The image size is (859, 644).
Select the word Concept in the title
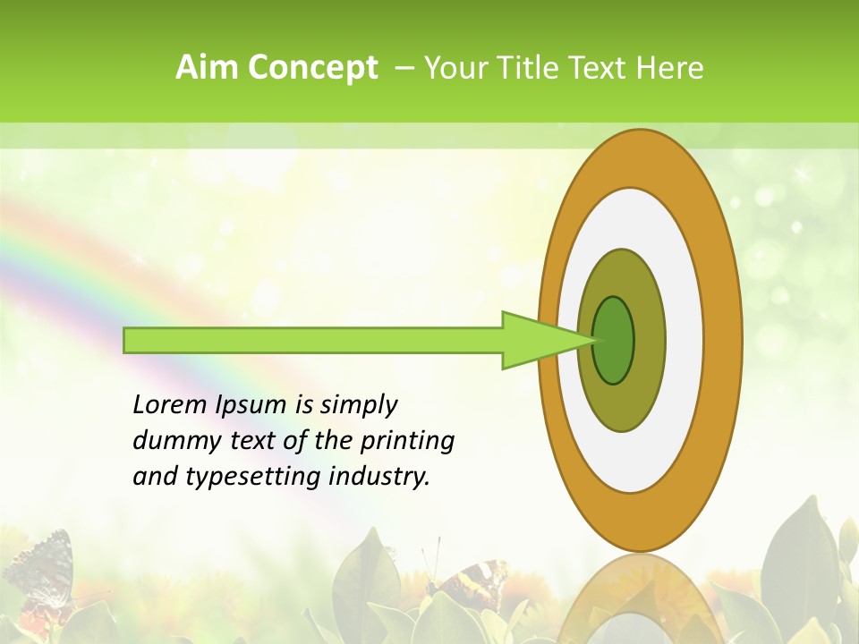[x=311, y=68]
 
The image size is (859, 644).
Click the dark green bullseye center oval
[x=614, y=340]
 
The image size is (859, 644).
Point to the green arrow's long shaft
[x=313, y=340]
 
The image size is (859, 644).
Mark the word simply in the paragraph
[x=358, y=405]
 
